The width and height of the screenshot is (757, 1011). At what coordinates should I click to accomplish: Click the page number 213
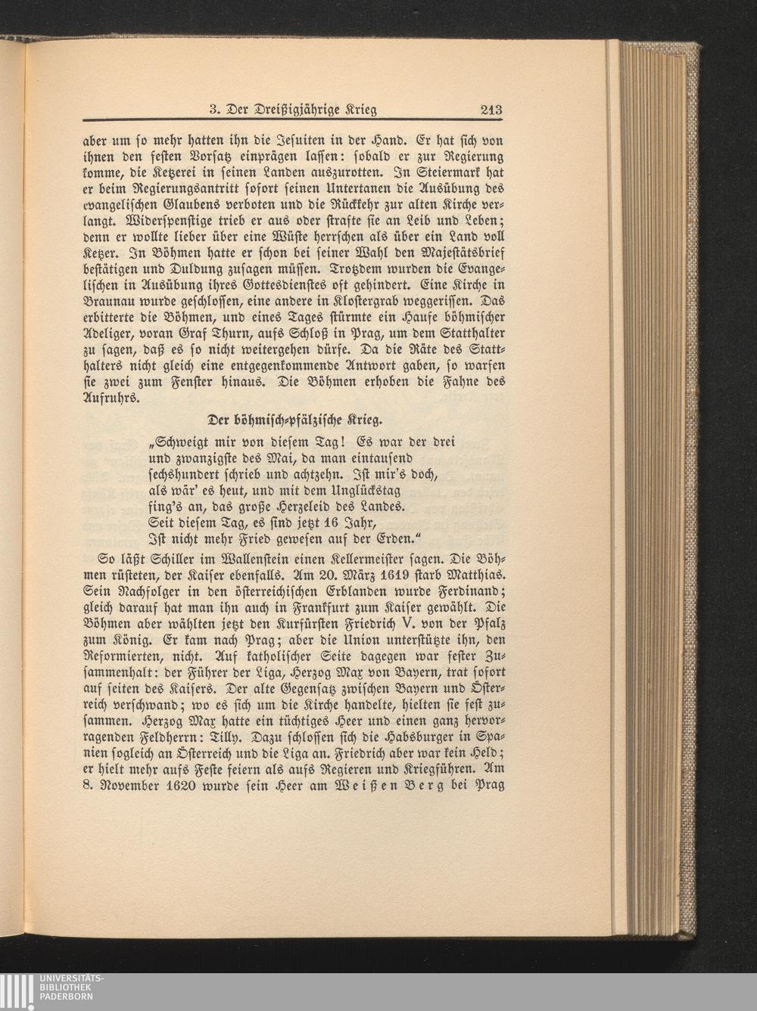491,110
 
